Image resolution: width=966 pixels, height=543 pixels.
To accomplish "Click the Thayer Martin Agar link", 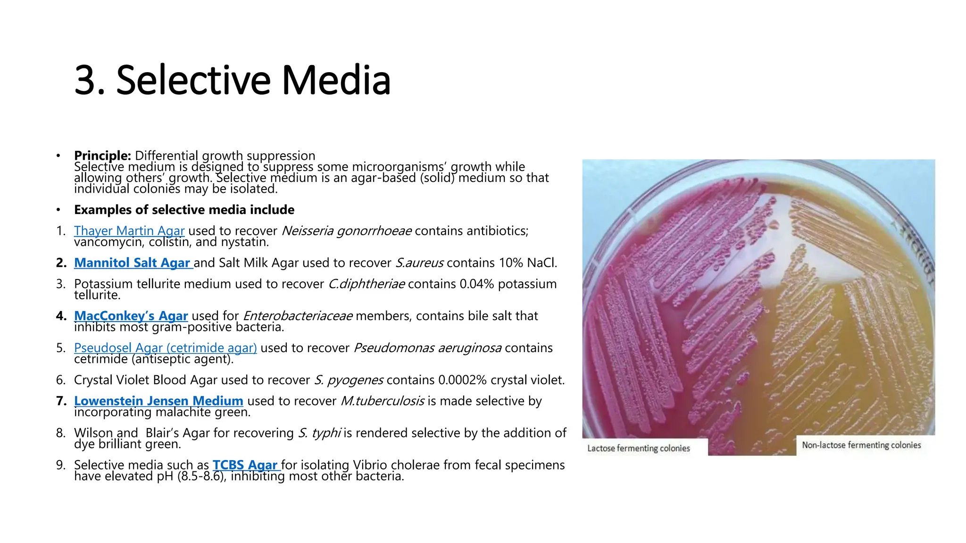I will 129,231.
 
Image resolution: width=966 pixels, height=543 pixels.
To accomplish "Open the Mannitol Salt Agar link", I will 133,263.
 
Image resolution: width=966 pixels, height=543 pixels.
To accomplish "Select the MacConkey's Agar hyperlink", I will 131,316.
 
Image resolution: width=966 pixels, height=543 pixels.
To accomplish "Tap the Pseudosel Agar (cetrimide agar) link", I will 165,348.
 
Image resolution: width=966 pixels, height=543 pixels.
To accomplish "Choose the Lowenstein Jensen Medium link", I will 158,401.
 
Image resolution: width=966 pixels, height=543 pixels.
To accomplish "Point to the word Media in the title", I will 336,80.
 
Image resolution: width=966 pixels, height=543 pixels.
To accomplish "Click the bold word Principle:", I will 102,156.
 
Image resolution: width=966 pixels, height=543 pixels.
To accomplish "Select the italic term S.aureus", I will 419,263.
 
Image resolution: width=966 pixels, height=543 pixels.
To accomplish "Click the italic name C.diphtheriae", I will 366,284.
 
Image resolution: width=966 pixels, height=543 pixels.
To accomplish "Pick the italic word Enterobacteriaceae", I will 297,316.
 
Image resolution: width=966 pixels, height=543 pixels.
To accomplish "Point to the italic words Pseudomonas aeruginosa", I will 427,348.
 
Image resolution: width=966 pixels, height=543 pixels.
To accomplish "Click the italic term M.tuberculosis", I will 382,401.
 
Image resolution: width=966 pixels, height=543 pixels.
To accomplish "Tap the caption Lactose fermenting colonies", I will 638,448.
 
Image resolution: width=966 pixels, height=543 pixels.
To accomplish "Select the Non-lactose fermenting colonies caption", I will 861,445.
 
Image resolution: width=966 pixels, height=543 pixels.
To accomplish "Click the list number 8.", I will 61,433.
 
